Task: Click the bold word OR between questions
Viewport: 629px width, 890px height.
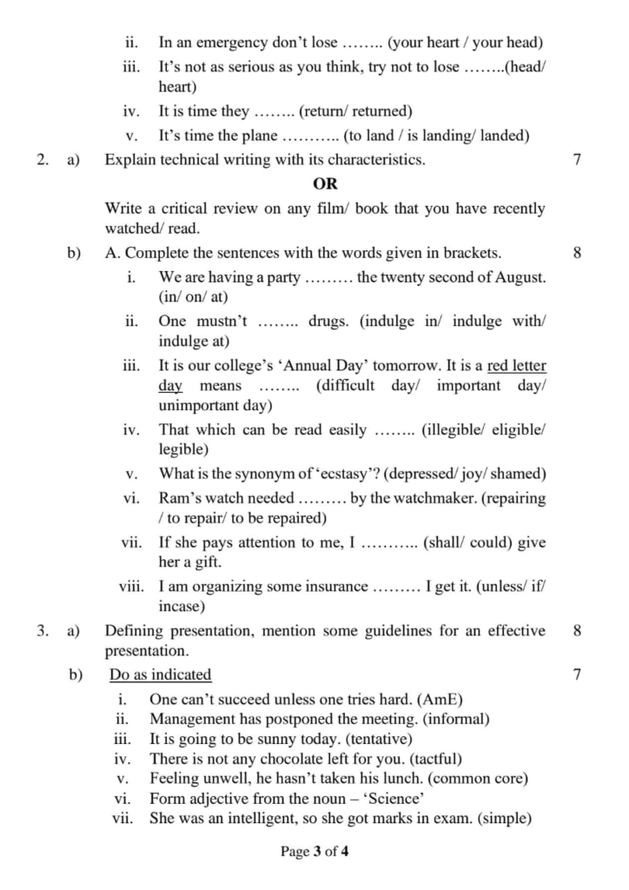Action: pos(325,184)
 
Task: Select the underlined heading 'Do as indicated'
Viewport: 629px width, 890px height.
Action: pos(161,674)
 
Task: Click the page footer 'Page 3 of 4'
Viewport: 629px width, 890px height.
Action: pos(314,852)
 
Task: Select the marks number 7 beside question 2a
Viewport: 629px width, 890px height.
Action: pos(578,160)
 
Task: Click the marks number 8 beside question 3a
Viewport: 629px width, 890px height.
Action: pos(578,631)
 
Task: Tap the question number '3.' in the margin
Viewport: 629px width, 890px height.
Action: pos(43,631)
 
